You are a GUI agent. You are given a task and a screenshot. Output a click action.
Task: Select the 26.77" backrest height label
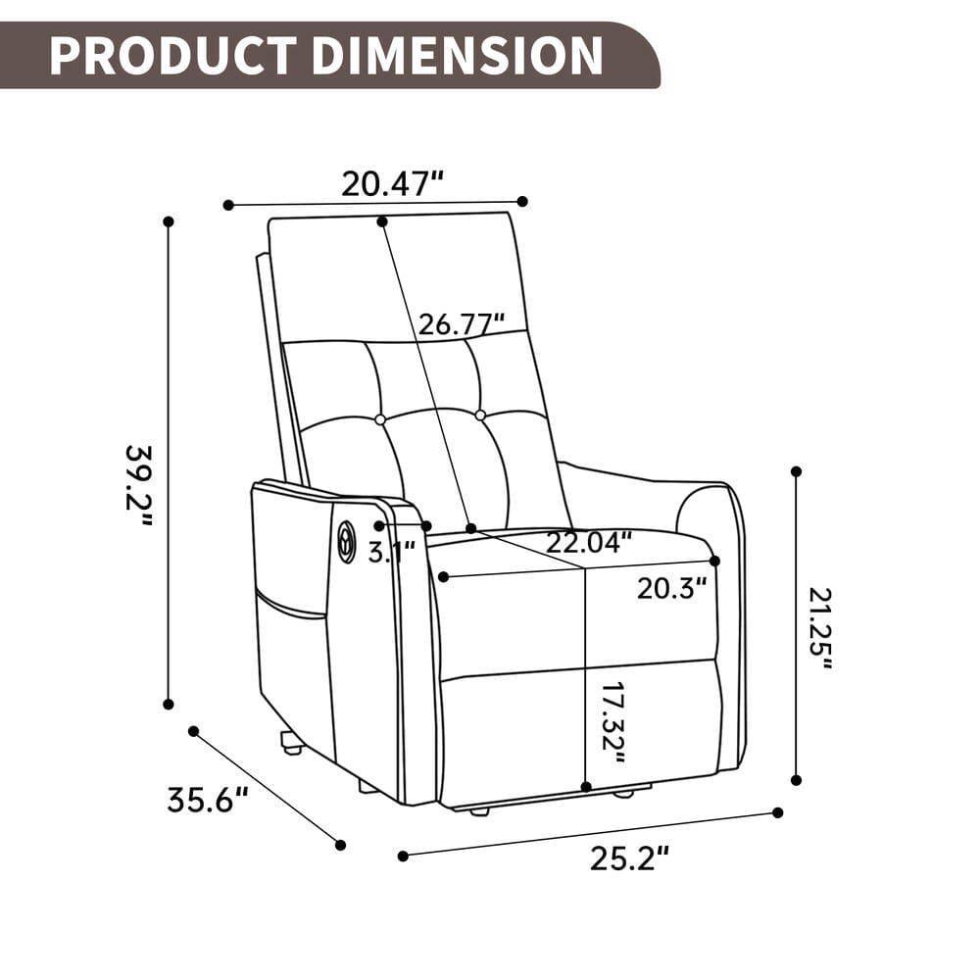pyautogui.click(x=461, y=323)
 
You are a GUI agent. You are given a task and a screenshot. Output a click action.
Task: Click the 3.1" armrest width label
pyautogui.click(x=391, y=552)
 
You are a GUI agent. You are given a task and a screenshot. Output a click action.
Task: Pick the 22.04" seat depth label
pyautogui.click(x=588, y=542)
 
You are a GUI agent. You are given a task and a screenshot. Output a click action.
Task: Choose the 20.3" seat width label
pyautogui.click(x=671, y=589)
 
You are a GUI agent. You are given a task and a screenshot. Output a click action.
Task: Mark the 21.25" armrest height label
pyautogui.click(x=821, y=627)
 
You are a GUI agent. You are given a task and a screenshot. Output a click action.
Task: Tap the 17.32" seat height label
pyautogui.click(x=612, y=722)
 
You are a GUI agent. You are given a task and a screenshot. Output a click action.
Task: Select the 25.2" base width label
pyautogui.click(x=629, y=858)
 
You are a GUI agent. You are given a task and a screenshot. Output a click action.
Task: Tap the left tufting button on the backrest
pyautogui.click(x=380, y=419)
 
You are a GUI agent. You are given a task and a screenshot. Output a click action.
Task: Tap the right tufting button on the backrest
pyautogui.click(x=480, y=416)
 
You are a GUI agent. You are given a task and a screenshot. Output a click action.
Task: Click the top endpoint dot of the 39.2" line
pyautogui.click(x=169, y=221)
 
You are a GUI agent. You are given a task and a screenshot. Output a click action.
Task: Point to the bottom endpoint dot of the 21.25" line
pyautogui.click(x=796, y=780)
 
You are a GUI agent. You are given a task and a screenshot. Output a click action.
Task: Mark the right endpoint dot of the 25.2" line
pyautogui.click(x=778, y=812)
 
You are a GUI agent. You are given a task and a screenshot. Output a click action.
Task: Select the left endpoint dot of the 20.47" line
pyautogui.click(x=228, y=205)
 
